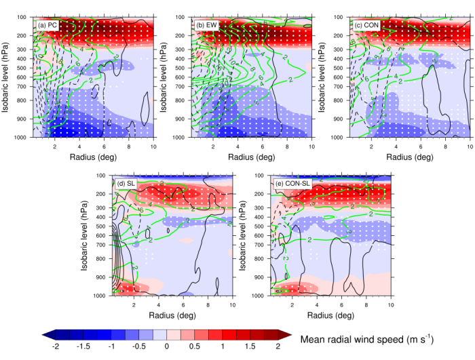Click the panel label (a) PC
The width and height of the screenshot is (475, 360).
click(47, 25)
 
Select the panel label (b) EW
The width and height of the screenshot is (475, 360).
click(206, 25)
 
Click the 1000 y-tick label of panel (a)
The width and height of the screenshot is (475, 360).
click(23, 138)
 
